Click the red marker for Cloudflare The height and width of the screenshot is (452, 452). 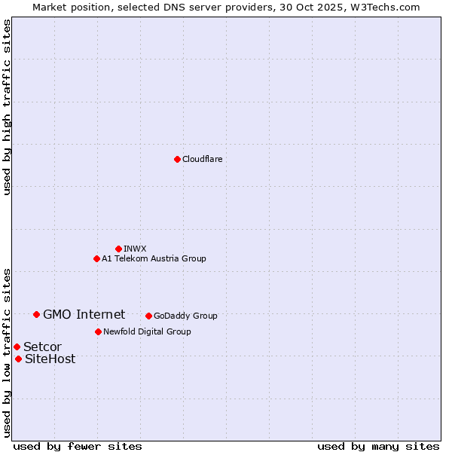(177, 159)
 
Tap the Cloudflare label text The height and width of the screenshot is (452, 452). (202, 159)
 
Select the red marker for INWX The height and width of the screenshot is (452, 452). (118, 249)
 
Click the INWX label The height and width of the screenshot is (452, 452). (135, 249)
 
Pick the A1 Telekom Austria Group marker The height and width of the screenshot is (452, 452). (96, 258)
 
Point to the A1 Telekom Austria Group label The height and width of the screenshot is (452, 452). (154, 258)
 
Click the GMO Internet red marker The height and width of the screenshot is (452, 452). (36, 314)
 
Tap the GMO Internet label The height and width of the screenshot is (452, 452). (84, 314)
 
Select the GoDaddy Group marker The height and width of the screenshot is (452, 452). (148, 316)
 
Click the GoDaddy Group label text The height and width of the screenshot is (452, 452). (185, 316)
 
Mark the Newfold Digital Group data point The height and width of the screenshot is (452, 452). (98, 331)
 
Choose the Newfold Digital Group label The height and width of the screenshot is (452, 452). (147, 331)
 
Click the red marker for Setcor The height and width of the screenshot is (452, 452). (17, 347)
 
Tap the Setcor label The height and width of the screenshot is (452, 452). (42, 347)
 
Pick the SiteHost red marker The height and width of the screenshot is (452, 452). (18, 359)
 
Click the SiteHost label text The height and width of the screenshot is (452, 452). (50, 359)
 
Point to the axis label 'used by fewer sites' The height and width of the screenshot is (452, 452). (78, 446)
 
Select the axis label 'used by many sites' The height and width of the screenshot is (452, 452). (378, 446)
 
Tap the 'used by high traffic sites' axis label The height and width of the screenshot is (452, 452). (7, 107)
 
